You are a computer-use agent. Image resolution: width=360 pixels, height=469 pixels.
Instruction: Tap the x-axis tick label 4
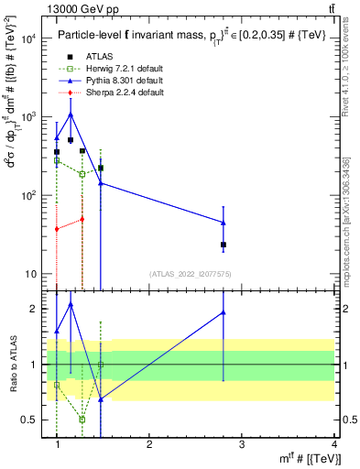(x=333, y=443)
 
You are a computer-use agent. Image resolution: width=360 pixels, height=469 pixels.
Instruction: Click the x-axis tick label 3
(x=242, y=443)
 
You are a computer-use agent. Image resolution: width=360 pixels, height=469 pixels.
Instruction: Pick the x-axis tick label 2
(x=149, y=443)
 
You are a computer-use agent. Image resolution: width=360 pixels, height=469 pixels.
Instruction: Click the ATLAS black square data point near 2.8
(x=224, y=245)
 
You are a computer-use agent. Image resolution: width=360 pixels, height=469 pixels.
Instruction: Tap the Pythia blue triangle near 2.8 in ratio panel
(x=224, y=312)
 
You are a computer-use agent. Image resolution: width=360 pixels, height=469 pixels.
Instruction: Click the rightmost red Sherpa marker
(x=82, y=219)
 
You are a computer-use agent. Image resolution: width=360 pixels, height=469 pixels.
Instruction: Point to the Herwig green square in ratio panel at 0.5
(x=82, y=419)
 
